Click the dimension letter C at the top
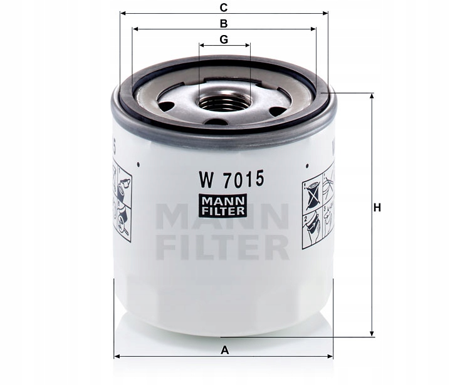[223, 7]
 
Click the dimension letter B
[223, 23]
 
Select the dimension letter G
[224, 39]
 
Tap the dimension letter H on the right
[377, 208]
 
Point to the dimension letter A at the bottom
[224, 351]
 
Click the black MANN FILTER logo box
[223, 206]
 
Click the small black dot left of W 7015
[137, 166]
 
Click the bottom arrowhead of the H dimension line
[373, 333]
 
